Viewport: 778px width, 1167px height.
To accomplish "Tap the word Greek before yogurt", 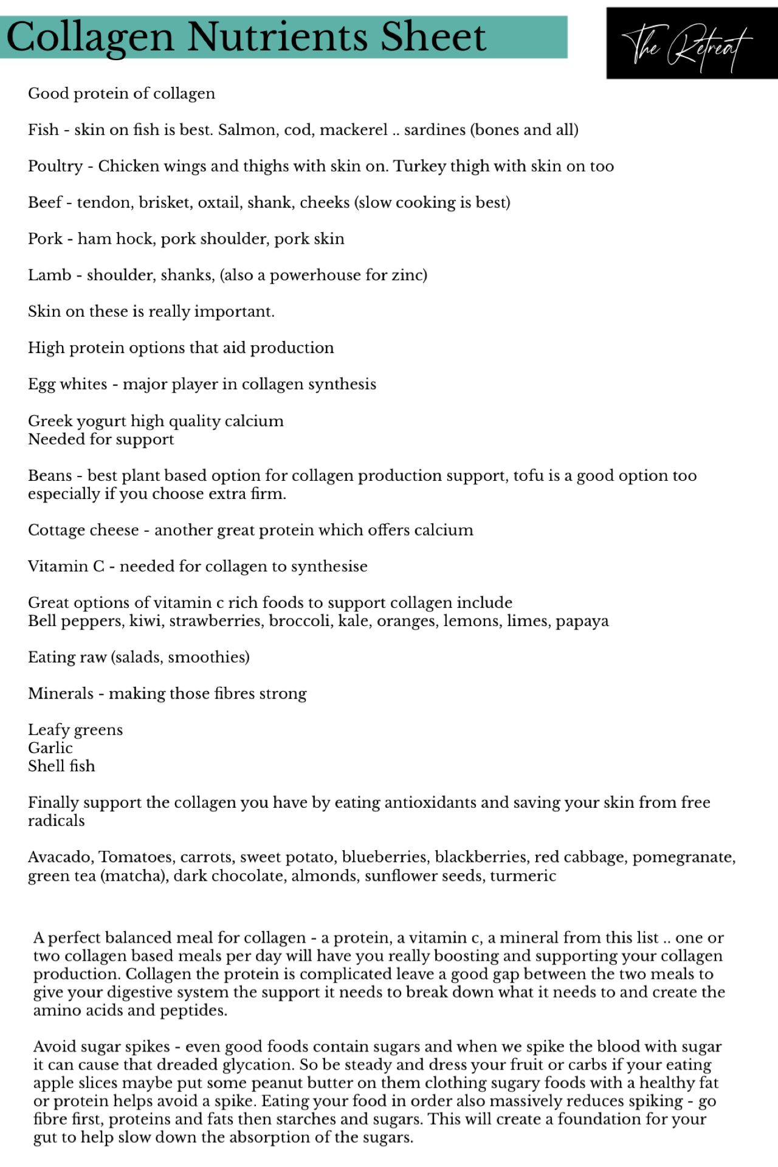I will click(49, 421).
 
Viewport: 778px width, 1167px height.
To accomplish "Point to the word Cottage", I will click(58, 530).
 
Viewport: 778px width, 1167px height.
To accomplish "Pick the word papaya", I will click(582, 621).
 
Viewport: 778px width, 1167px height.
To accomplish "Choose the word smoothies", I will click(207, 657).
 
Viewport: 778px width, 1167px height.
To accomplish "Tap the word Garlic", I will click(50, 748).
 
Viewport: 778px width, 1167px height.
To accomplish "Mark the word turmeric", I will click(523, 876).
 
